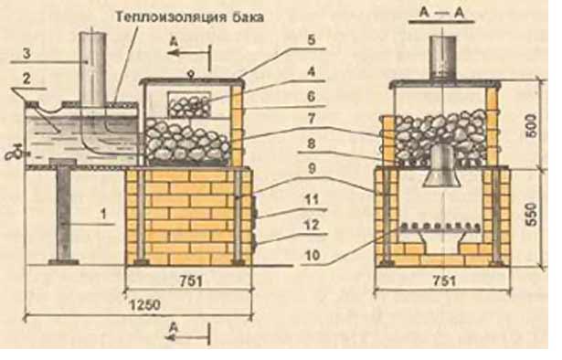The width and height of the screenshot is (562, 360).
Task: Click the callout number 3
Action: [x=27, y=54]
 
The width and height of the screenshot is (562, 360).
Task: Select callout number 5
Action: [x=311, y=40]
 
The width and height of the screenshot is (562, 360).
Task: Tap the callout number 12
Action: [x=311, y=225]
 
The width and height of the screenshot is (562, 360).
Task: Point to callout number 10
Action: [x=312, y=256]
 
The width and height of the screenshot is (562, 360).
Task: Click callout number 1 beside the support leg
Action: [x=103, y=215]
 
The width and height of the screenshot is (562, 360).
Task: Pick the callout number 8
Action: [x=311, y=144]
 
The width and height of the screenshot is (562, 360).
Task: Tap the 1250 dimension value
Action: [x=144, y=305]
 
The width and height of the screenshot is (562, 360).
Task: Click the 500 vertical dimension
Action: [x=532, y=125]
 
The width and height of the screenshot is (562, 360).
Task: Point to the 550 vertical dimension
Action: [x=532, y=215]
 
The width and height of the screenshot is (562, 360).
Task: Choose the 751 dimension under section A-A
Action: [x=444, y=281]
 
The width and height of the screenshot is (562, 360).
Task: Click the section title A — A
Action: [x=442, y=14]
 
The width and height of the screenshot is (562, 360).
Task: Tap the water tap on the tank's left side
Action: [x=15, y=154]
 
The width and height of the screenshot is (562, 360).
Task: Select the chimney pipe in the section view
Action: [x=443, y=58]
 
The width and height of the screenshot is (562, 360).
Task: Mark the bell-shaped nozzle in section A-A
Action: [x=442, y=166]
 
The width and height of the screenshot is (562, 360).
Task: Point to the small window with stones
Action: [x=189, y=104]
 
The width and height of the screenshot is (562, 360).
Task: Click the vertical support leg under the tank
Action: [x=64, y=215]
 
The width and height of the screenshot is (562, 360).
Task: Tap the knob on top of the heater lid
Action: [x=191, y=75]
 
